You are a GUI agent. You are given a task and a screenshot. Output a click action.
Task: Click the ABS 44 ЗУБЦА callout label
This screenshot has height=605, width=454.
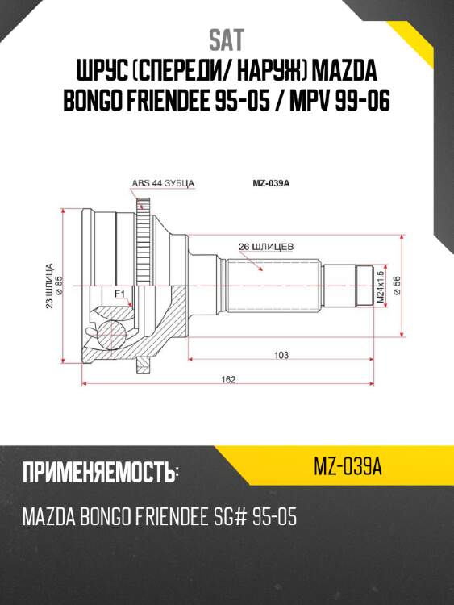(x=164, y=183)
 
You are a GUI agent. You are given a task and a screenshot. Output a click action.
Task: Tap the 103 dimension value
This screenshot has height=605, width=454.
(x=281, y=355)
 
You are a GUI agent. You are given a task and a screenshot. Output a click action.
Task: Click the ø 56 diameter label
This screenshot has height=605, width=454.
(x=397, y=286)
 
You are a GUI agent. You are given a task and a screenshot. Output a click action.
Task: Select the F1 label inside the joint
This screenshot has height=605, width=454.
(x=119, y=294)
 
